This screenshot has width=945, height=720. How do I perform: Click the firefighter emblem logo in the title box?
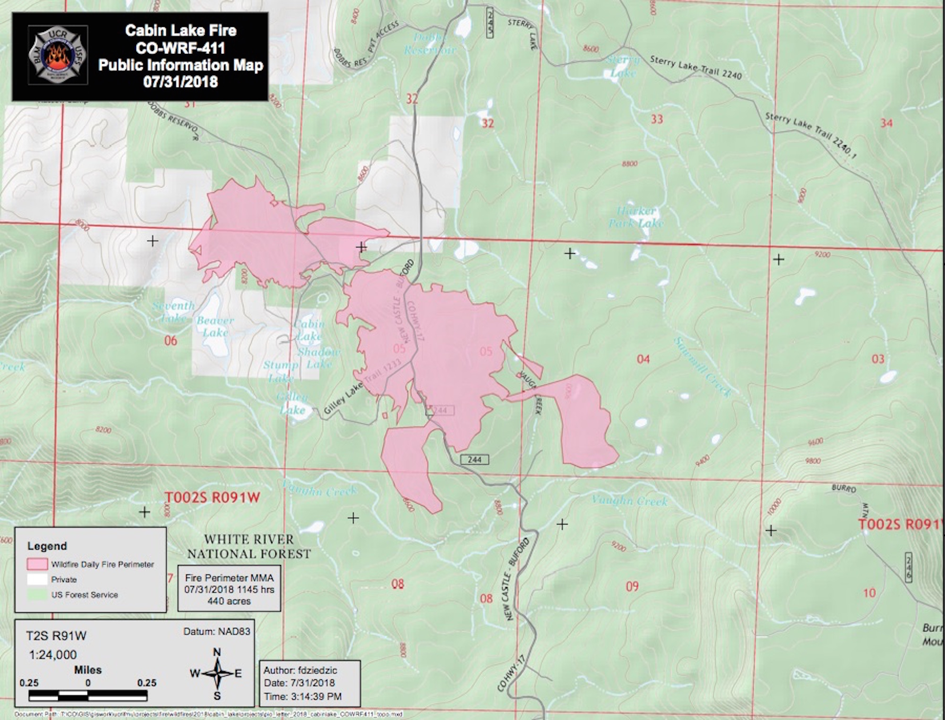tap(58, 55)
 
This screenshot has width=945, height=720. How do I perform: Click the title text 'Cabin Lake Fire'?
tap(180, 31)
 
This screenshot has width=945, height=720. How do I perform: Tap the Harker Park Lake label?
tap(636, 217)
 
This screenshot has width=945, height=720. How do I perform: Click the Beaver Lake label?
tap(215, 326)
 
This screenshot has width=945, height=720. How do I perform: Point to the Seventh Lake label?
tap(173, 311)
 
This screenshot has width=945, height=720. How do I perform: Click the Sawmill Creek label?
tap(702, 367)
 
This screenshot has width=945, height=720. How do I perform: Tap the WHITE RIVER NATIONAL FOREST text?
tap(249, 547)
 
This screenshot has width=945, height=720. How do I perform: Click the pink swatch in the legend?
tap(37, 564)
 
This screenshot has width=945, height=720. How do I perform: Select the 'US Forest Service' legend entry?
tap(85, 595)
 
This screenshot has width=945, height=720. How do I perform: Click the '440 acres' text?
tap(229, 601)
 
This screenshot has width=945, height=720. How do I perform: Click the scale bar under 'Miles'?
tap(88, 695)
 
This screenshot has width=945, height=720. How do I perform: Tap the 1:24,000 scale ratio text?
tap(53, 655)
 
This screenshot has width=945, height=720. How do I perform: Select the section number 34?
tap(886, 123)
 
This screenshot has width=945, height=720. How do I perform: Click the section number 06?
tap(171, 341)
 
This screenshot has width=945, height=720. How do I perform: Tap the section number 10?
tap(869, 593)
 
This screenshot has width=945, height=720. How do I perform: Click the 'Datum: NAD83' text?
tap(217, 632)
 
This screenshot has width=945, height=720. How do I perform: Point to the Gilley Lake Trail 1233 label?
tap(362, 387)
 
